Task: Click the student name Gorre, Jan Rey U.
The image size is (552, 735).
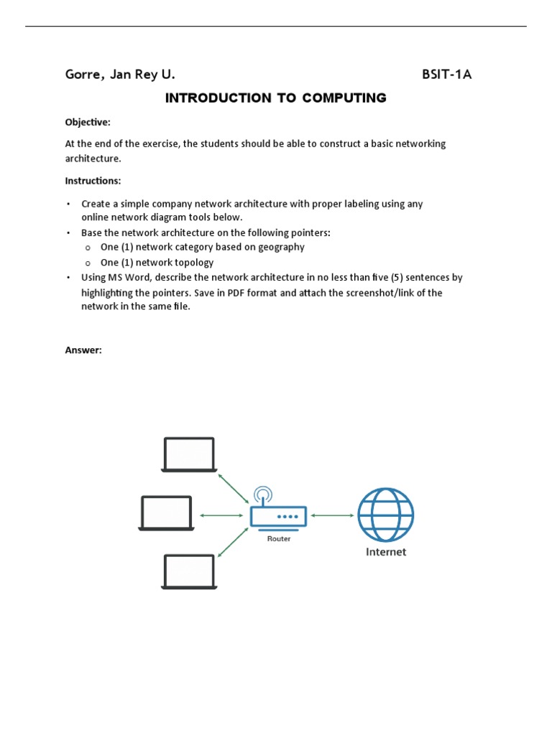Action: click(x=120, y=75)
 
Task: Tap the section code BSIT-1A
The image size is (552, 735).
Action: click(x=446, y=75)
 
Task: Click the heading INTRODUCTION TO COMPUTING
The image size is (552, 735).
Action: click(x=276, y=98)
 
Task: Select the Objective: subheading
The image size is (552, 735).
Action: click(x=88, y=123)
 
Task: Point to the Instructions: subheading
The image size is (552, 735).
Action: click(x=93, y=181)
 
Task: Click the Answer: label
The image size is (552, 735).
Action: click(x=84, y=350)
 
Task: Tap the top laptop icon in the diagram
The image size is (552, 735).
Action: click(x=189, y=454)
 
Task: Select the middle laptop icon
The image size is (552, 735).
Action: click(x=166, y=513)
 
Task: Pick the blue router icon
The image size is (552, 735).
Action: click(x=278, y=515)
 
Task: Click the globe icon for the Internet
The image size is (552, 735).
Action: click(x=386, y=515)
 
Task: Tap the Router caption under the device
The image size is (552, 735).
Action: click(x=279, y=539)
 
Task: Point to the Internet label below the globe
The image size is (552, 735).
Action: click(x=386, y=552)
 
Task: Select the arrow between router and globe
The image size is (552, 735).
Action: click(x=332, y=515)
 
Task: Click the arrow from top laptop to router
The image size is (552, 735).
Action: click(x=234, y=487)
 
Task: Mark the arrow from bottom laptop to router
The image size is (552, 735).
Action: click(x=233, y=543)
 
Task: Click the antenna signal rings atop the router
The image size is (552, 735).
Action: click(x=263, y=495)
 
